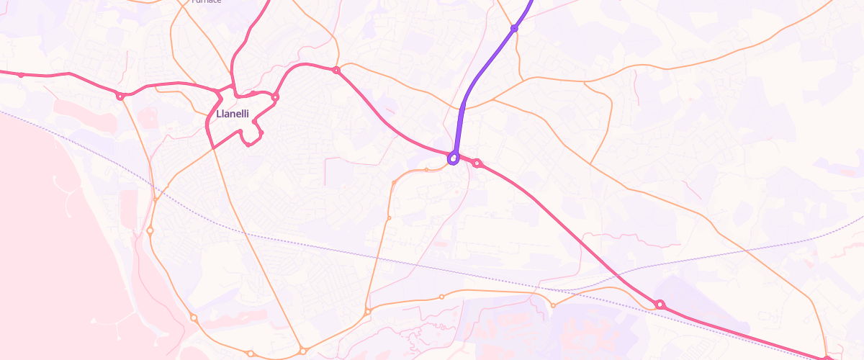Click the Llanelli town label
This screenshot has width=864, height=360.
233,114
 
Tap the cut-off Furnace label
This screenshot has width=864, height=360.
207,1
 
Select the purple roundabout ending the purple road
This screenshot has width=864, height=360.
454,158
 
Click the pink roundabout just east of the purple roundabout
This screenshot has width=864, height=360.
477,163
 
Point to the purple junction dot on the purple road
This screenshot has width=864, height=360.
514,28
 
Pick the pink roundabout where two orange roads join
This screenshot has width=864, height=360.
336,70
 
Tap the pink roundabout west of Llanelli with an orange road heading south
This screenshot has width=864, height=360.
120,95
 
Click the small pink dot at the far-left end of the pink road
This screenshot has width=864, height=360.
21,75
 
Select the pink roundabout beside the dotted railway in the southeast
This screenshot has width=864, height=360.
660,305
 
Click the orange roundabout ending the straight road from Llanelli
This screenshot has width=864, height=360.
303,351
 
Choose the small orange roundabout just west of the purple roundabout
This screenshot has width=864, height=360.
427,170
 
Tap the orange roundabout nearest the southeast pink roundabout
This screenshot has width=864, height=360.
553,305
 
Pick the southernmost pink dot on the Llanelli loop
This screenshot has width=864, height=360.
248,145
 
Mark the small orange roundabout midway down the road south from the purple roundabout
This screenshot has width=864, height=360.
389,217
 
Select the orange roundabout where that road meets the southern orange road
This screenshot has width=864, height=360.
367,311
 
